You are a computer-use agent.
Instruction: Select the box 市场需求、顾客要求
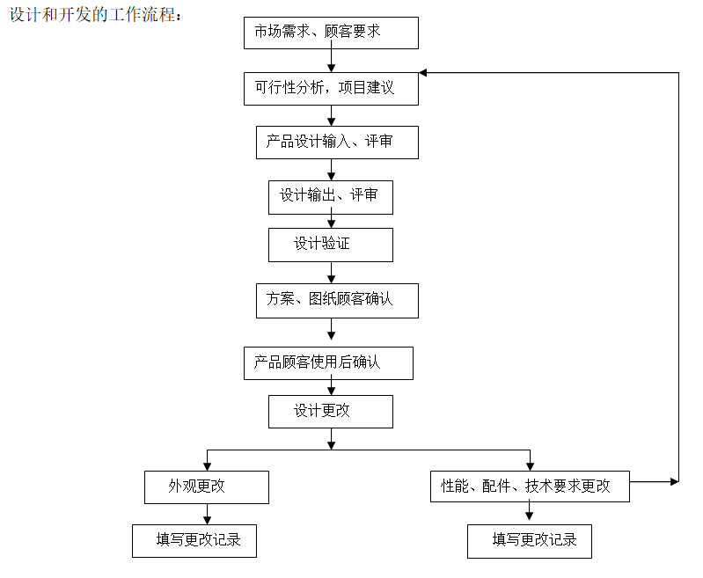pos(331,33)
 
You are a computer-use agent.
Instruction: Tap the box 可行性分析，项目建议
pos(331,89)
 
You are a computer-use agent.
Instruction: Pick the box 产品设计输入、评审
pos(337,143)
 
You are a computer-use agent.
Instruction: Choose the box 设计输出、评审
pos(330,197)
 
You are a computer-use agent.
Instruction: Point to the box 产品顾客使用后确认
pos(328,363)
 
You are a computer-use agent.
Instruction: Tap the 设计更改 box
pos(330,412)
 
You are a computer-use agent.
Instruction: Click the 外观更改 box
pos(206,487)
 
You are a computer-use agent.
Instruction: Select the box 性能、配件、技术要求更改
pos(530,487)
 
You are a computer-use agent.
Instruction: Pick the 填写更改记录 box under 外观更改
pos(194,541)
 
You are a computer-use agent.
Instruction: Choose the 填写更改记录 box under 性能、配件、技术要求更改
pos(529,541)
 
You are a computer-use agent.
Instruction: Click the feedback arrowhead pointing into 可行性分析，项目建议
pos(423,73)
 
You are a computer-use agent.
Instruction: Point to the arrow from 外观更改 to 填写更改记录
pos(207,514)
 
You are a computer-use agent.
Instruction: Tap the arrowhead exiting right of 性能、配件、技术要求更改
pos(674,481)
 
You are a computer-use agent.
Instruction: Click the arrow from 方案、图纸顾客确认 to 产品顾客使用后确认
pos(332,329)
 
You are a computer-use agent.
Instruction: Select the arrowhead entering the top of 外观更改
pos(207,465)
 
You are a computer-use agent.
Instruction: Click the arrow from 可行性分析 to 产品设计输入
pos(332,115)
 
